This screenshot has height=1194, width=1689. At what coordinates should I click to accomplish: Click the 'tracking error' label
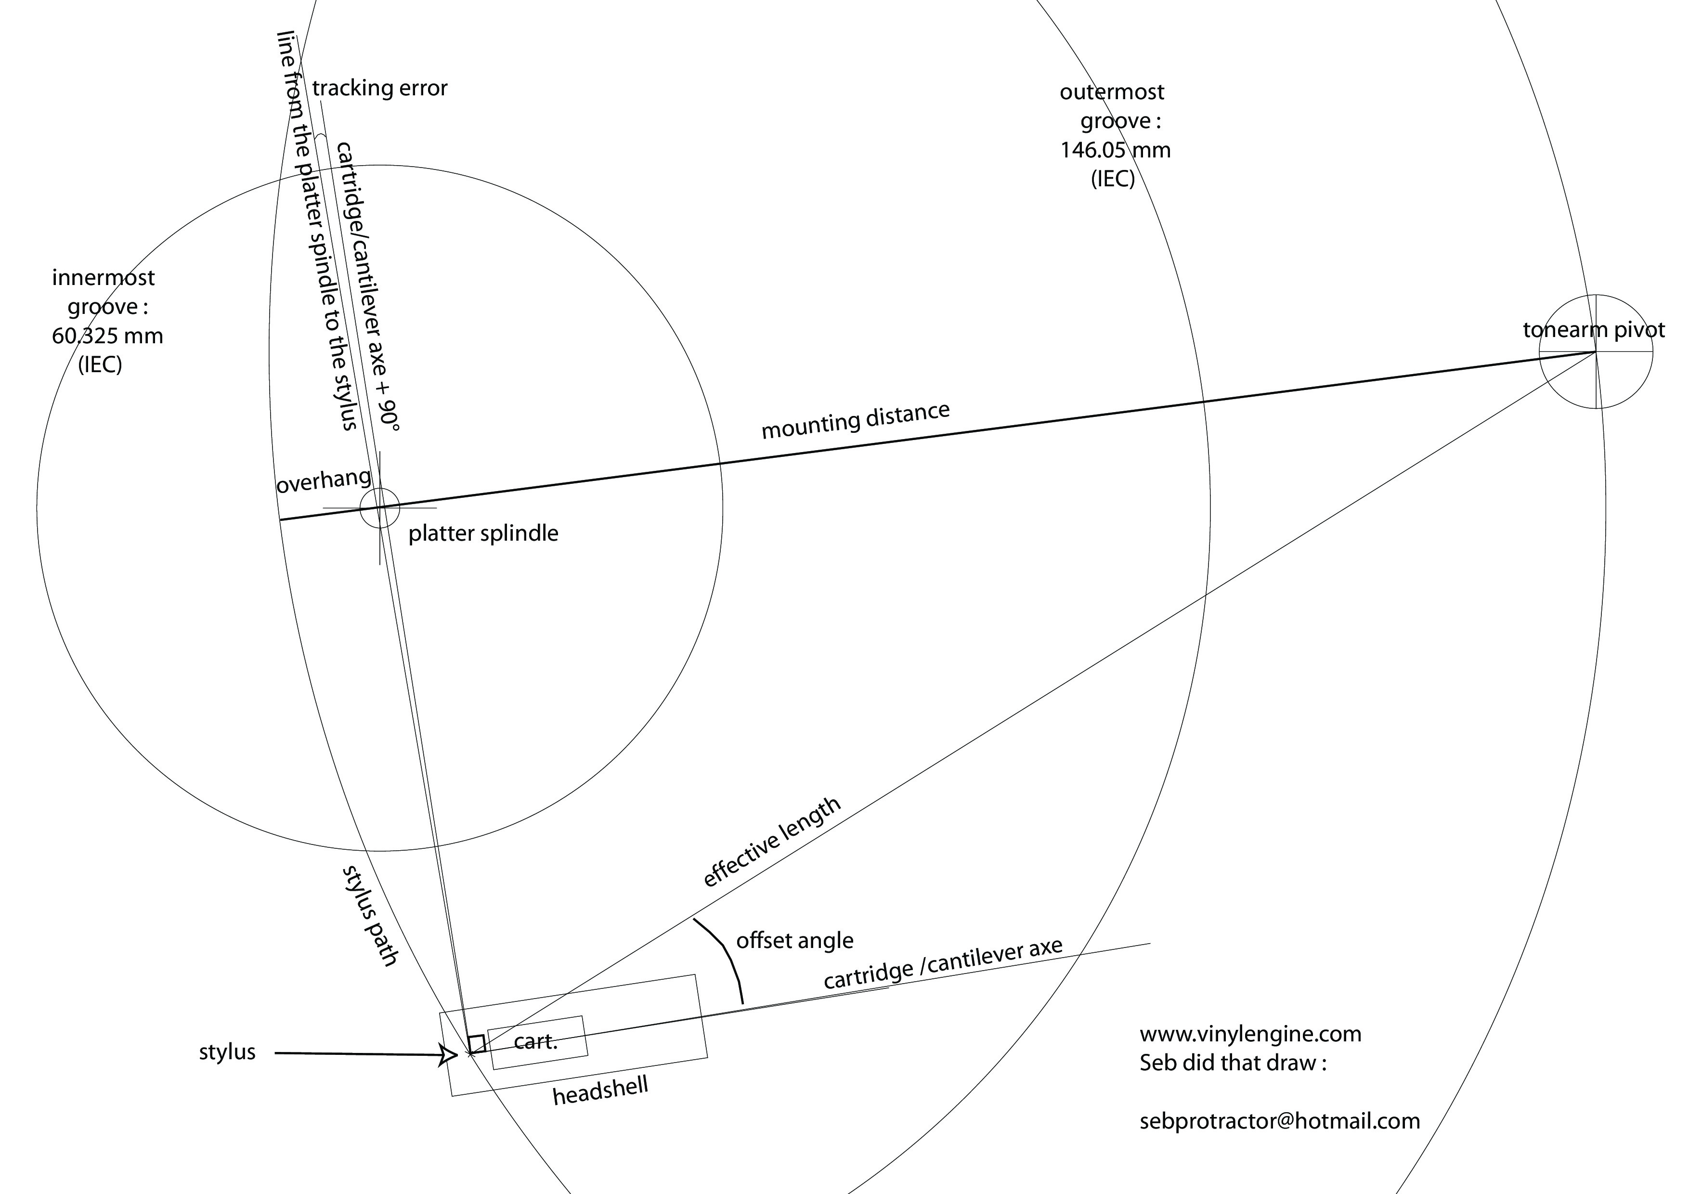[379, 88]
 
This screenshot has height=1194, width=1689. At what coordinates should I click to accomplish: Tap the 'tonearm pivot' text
[1593, 330]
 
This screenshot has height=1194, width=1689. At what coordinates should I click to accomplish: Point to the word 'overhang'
[324, 481]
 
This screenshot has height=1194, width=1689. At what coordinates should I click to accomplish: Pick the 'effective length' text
[772, 843]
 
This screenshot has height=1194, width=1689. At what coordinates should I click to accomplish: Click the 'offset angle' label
[794, 941]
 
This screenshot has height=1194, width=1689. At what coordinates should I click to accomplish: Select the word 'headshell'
[600, 1091]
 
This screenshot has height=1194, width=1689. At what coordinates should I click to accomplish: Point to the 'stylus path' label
[370, 915]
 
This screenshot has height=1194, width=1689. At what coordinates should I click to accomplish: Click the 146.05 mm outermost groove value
[1115, 150]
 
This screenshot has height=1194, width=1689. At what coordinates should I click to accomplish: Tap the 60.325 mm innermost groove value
[107, 336]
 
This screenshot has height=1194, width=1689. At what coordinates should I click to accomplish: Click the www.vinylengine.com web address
[1250, 1034]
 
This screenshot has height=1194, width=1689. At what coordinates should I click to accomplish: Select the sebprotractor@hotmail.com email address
[1280, 1121]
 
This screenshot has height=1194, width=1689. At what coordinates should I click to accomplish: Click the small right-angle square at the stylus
[477, 1044]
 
